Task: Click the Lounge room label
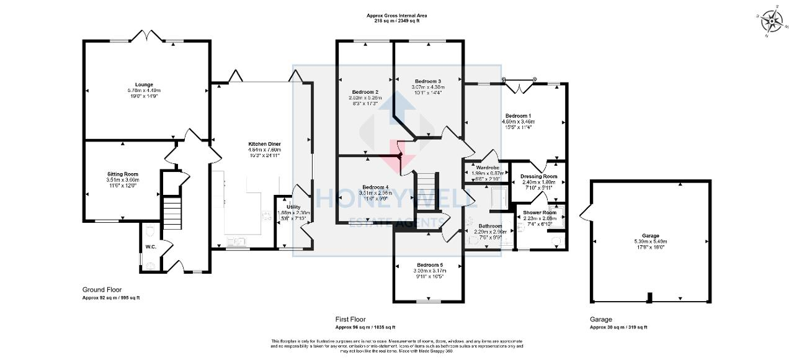tap(145, 84)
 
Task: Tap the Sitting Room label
tap(122, 174)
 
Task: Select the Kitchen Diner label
tap(265, 143)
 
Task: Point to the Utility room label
tap(293, 207)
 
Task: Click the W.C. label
tap(151, 246)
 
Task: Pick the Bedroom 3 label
tap(428, 81)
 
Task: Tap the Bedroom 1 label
tap(518, 115)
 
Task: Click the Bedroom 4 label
tap(375, 187)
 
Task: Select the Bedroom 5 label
tap(429, 264)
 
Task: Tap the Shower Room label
tap(540, 212)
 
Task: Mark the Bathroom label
tap(490, 226)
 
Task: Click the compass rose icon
tap(772, 22)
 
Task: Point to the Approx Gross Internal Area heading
tap(396, 15)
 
